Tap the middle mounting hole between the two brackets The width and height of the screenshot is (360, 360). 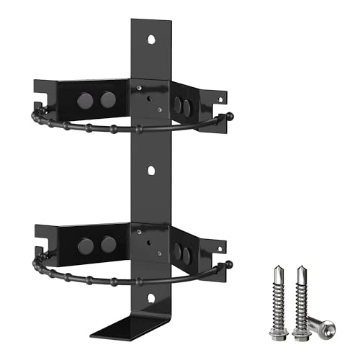coord(150,171)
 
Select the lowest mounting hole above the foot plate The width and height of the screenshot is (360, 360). coord(150,297)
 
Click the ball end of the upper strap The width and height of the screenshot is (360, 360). coord(230,116)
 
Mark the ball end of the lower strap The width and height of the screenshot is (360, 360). coord(230,263)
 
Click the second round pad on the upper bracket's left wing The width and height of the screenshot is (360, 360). coord(107,99)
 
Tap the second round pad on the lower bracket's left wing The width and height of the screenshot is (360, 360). coord(107,245)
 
